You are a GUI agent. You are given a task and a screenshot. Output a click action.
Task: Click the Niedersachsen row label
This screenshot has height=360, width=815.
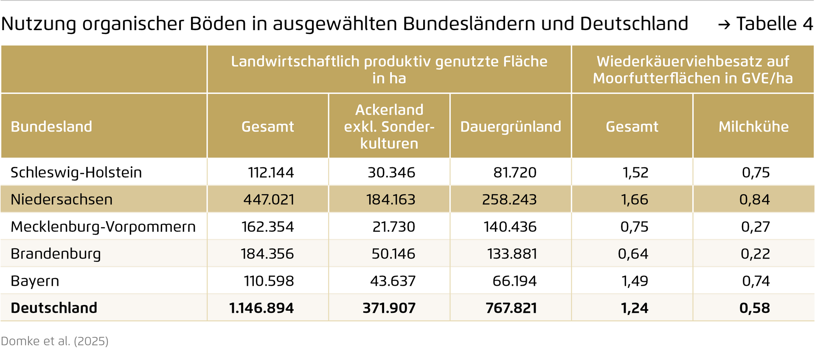62,200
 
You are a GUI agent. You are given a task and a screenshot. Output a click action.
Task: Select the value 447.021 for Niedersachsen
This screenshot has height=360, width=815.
269,200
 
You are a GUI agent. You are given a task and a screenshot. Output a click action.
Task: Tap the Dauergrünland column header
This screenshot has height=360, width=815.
511,127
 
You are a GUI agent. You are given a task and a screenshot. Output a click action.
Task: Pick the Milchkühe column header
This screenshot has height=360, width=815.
753,127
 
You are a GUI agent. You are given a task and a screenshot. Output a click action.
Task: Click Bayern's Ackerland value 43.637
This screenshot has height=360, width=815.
393,281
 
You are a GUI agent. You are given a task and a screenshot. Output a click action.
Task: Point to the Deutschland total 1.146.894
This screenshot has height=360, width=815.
261,308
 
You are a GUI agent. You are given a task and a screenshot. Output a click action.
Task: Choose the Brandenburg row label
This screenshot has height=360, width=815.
56,254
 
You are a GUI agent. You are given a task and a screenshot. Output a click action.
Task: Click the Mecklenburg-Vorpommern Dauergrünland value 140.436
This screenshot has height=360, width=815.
510,227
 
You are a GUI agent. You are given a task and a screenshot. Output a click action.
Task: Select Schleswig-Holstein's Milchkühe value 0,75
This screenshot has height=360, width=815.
756,172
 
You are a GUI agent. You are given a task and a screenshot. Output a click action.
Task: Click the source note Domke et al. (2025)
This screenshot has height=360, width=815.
55,341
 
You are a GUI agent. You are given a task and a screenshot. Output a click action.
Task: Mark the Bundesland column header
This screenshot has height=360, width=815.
51,127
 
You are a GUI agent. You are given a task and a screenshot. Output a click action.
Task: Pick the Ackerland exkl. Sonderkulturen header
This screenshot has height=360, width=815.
389,127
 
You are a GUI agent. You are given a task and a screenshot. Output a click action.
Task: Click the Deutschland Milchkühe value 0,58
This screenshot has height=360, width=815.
755,308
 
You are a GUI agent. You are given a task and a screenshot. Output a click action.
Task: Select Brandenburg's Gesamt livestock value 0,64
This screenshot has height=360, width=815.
633,254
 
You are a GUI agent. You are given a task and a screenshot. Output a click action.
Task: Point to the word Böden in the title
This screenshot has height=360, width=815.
218,24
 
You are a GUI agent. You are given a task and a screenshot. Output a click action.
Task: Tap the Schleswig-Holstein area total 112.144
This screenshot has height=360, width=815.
271,172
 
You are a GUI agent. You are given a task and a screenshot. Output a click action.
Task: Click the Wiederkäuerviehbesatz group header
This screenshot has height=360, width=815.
693,70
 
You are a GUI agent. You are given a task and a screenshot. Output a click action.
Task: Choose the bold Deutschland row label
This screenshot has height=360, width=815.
54,308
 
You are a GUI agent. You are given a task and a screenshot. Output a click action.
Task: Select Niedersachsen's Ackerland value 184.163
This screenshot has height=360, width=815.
391,200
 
